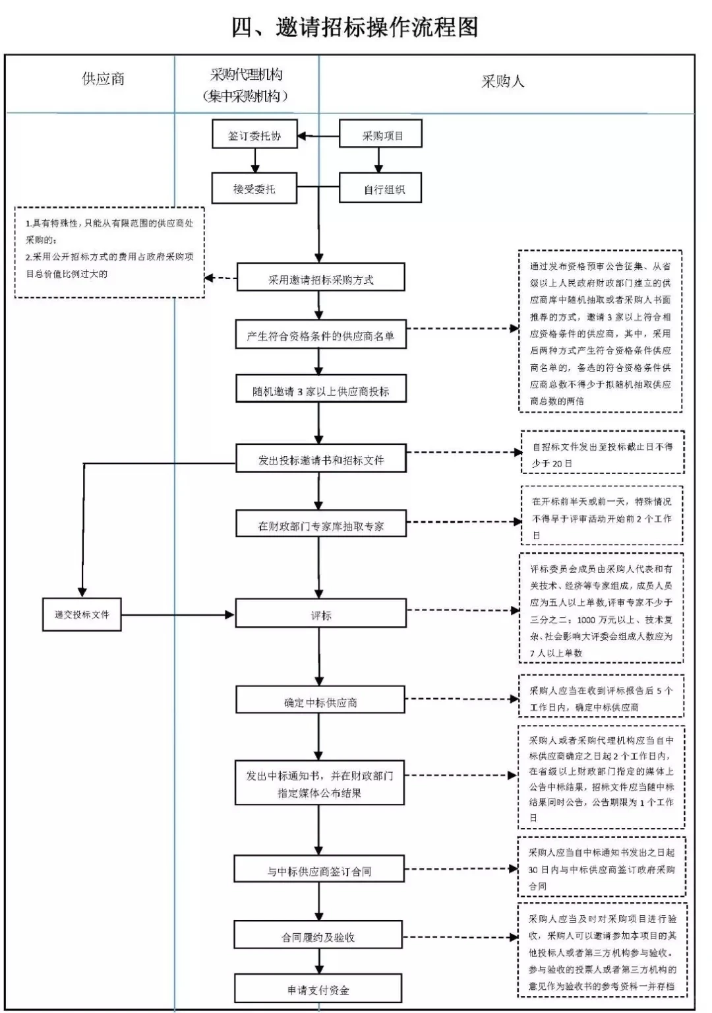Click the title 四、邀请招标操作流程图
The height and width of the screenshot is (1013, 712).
click(355, 27)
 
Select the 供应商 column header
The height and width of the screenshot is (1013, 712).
click(103, 79)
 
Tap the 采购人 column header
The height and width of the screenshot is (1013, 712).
click(502, 81)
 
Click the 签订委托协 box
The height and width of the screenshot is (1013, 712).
click(254, 135)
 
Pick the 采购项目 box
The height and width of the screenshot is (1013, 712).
click(380, 135)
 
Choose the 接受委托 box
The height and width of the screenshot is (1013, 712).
click(254, 189)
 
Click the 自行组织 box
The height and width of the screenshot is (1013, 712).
click(380, 189)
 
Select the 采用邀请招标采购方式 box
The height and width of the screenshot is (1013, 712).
click(320, 279)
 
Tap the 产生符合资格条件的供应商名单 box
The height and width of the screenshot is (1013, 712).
click(320, 336)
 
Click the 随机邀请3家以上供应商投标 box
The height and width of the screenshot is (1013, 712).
click(320, 391)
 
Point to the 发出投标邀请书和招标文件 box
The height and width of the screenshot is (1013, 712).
click(320, 460)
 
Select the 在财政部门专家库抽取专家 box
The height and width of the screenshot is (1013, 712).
click(320, 525)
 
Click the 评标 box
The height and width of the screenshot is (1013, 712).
click(320, 615)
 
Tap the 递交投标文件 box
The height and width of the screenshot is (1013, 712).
click(82, 614)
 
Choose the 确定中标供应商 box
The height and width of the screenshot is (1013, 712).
click(320, 702)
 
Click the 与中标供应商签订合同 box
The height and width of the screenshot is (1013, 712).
click(319, 871)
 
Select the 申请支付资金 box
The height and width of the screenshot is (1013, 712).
click(318, 989)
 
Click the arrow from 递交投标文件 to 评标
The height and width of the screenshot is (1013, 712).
click(178, 615)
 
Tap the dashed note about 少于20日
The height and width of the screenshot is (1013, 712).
click(602, 454)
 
